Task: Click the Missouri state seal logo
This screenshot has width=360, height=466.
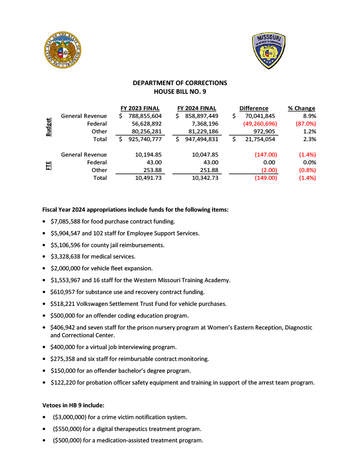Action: tap(63, 51)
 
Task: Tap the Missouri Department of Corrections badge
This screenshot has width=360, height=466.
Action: tap(269, 51)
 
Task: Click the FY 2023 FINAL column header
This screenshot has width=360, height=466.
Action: tap(140, 108)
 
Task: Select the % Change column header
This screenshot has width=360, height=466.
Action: tap(301, 108)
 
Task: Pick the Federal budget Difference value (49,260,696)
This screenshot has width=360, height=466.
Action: tap(257, 124)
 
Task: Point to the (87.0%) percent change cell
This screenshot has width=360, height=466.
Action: tap(306, 124)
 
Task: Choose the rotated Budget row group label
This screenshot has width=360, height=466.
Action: tap(49, 127)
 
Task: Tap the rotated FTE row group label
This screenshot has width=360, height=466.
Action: tap(49, 166)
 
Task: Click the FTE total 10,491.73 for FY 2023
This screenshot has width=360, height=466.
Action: tap(149, 178)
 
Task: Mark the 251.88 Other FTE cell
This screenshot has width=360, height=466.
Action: tap(208, 170)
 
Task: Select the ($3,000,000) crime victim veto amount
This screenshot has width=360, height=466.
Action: tap(69, 417)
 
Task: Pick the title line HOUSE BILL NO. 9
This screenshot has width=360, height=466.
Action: tap(180, 91)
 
